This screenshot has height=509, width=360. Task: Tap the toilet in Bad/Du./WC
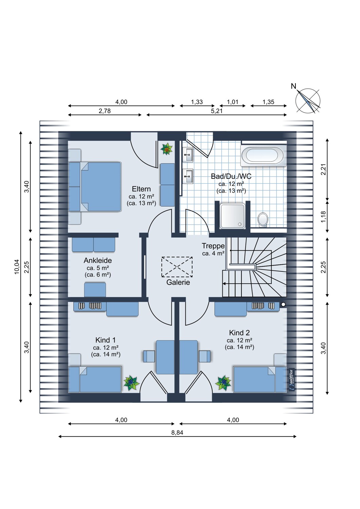coord(263,220)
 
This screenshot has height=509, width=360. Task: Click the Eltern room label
coord(141,189)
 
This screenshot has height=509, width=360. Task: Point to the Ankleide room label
coord(97,260)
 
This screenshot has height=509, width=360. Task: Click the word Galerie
coord(178,282)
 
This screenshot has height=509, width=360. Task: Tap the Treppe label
coord(213,246)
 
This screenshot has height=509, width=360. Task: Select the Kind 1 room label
coord(106,340)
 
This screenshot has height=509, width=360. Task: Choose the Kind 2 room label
coord(239,333)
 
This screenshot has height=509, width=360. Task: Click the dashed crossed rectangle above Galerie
coord(177,267)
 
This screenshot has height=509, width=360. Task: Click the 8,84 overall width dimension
coord(177,432)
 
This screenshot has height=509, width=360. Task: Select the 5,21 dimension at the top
coord(216,111)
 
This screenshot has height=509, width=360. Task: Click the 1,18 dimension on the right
coord(324,217)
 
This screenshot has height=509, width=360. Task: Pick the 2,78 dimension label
coord(105,111)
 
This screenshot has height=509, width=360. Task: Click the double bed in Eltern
coord(95,187)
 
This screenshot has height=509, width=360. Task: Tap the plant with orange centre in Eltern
coord(166,149)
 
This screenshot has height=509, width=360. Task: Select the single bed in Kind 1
coord(95,379)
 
